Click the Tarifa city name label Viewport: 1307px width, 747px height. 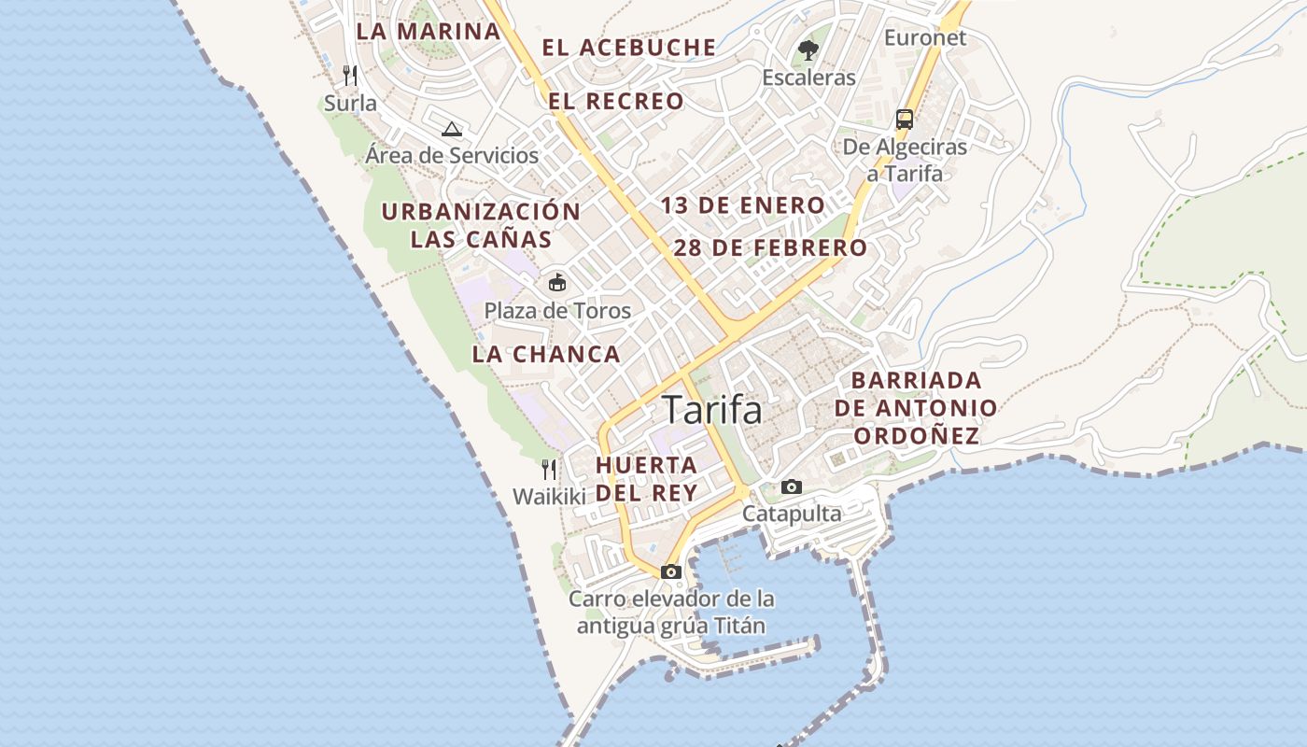tap(712, 410)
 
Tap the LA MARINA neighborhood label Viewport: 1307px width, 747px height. tap(429, 31)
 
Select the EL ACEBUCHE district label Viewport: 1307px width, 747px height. tap(629, 48)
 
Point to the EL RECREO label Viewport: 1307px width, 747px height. tap(616, 101)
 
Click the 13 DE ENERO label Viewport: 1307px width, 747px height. tap(743, 205)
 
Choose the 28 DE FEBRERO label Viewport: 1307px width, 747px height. tap(770, 247)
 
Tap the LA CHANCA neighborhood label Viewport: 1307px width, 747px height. tap(546, 354)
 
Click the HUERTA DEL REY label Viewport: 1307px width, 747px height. tap(647, 478)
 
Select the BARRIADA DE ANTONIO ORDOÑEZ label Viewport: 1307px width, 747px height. tap(916, 408)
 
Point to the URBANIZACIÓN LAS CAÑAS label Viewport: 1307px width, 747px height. tap(481, 225)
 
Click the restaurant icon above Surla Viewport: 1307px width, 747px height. tap(350, 75)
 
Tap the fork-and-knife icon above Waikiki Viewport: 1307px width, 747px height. tap(549, 469)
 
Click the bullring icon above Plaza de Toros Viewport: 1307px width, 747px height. tap(557, 282)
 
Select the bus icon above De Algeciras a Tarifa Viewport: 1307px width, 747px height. tap(904, 119)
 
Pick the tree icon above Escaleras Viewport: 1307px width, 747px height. tap(808, 49)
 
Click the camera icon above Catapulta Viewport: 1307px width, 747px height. tap(792, 486)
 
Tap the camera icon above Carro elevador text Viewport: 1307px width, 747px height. tap(671, 571)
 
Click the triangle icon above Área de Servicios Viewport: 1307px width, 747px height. tap(452, 129)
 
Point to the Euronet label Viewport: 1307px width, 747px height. tap(925, 38)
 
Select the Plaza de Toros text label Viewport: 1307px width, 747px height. tap(557, 311)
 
